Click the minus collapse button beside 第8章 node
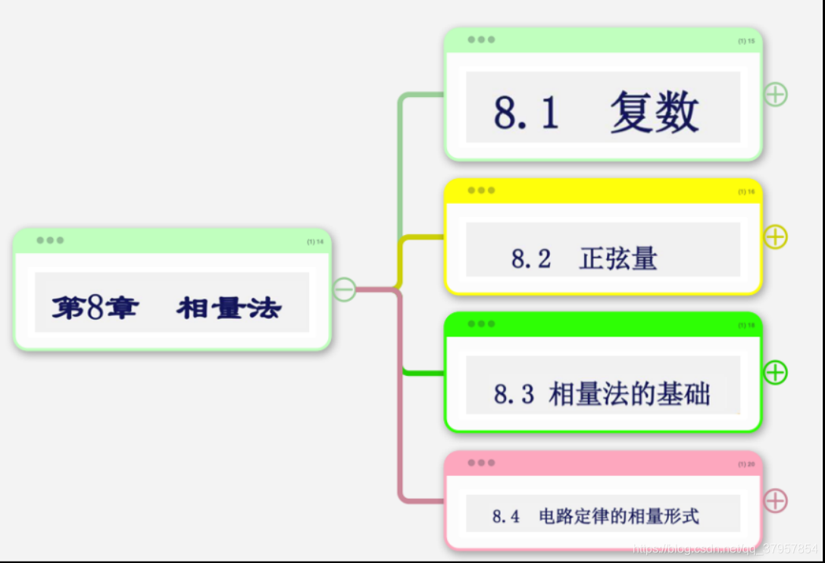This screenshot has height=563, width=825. click(345, 289)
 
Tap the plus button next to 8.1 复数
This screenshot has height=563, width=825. click(775, 94)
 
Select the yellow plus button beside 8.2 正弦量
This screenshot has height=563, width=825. click(775, 237)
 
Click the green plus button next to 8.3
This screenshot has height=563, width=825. click(775, 372)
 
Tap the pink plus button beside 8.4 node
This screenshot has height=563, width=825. click(775, 500)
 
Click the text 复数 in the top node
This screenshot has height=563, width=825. click(655, 112)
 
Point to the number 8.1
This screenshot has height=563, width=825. click(527, 112)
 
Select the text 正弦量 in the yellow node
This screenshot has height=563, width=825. click(618, 258)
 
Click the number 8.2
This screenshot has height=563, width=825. click(531, 258)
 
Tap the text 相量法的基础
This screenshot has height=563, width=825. click(630, 394)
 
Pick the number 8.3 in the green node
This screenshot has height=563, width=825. click(514, 394)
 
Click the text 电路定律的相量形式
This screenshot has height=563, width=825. click(619, 517)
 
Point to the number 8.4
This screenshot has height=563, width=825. click(506, 517)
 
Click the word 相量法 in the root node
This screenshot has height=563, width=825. click(229, 308)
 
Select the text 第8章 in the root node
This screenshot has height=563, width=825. click(95, 308)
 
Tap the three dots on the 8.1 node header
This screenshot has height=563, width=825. click(481, 39)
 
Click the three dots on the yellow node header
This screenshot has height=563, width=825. click(481, 190)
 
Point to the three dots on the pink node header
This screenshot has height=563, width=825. click(481, 462)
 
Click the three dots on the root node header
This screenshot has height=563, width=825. click(50, 240)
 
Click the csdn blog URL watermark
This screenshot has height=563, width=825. click(725, 548)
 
